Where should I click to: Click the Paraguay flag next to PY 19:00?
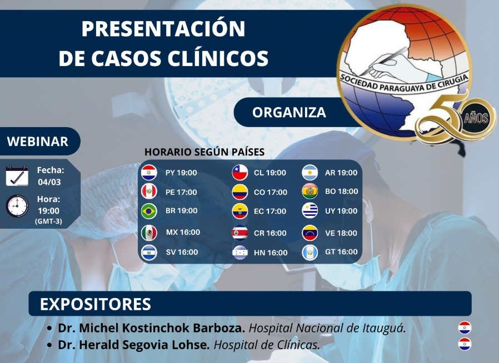point(149,173)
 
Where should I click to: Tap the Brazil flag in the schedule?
point(149,211)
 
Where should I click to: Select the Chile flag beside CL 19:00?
point(240,173)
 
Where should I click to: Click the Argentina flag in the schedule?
point(310,173)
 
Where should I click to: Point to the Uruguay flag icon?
point(310,210)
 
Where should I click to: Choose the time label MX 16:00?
point(183,233)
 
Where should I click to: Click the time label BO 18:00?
point(342,191)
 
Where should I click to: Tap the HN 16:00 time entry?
point(271,253)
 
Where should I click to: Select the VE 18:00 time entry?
point(341,233)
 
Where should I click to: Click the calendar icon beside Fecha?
point(17,176)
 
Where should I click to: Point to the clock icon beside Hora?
point(17,206)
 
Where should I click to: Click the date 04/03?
point(49,182)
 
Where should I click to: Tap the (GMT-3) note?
point(48,221)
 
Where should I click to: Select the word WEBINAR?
point(38,142)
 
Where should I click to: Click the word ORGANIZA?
point(290,113)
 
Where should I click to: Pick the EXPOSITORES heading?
point(96,304)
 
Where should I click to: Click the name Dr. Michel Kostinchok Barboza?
point(152,328)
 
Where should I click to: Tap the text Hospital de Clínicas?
point(267,345)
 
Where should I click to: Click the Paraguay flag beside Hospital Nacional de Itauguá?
point(465,327)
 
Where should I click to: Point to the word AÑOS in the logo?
point(476,119)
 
